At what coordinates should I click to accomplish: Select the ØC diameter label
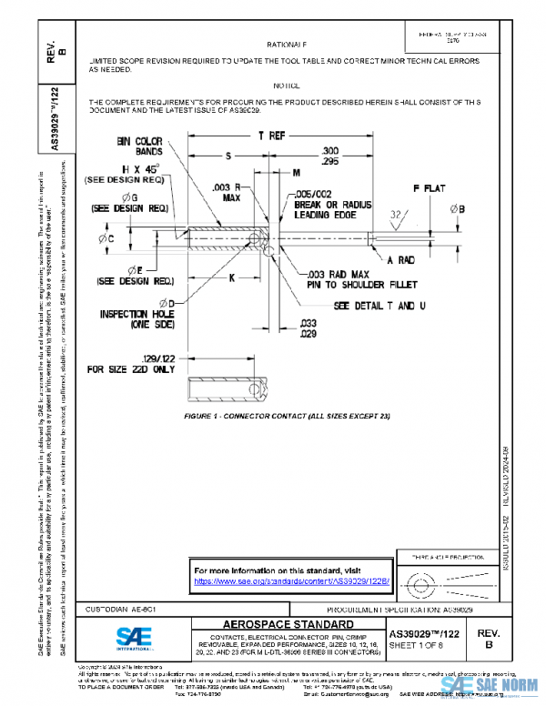click(x=105, y=238)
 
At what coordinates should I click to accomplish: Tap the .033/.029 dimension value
click(x=308, y=328)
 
